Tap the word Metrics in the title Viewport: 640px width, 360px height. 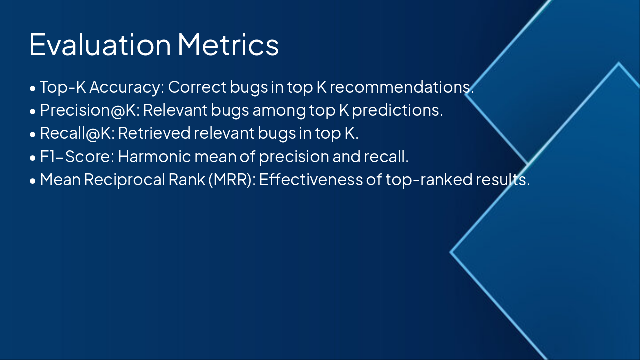[x=228, y=44]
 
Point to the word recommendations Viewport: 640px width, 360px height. [x=401, y=87]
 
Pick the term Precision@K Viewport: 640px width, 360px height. [x=88, y=110]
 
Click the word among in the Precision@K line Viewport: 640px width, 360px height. [x=273, y=110]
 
